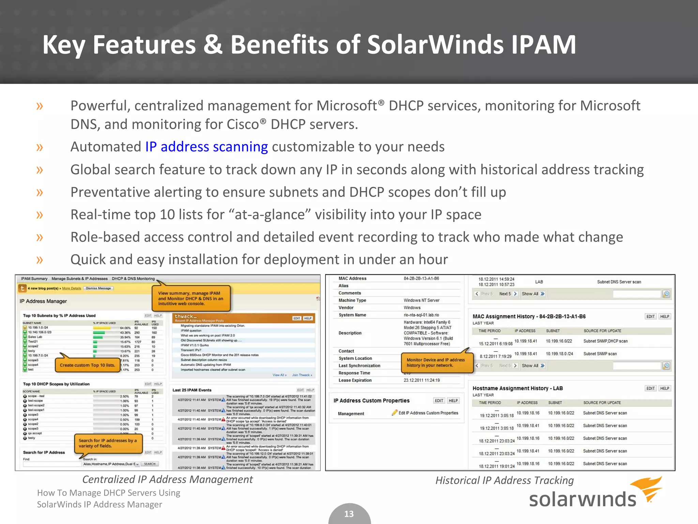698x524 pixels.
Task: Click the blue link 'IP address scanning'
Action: [207, 147]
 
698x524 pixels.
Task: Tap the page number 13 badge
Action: [349, 514]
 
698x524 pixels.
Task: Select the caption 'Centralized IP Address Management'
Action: [167, 479]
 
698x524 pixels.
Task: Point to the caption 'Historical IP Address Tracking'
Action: [504, 480]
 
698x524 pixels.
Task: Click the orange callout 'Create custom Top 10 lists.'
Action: [87, 365]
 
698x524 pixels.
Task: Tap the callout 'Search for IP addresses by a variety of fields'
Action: [108, 443]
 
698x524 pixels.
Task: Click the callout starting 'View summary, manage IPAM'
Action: [191, 298]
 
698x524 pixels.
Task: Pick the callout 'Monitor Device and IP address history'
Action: [436, 362]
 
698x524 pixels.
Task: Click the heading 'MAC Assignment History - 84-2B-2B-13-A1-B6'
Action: [529, 317]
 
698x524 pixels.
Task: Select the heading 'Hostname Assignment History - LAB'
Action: [517, 388]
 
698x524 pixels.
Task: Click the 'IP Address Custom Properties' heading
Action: [371, 401]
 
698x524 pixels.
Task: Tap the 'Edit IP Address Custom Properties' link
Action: [428, 413]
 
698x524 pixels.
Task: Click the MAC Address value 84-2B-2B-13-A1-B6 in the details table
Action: [421, 278]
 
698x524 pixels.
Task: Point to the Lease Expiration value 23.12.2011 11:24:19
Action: [422, 380]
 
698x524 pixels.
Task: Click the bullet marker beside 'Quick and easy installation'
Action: [40, 260]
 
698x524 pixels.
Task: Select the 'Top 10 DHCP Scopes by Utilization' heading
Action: [56, 384]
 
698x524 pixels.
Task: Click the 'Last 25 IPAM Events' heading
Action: [192, 390]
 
